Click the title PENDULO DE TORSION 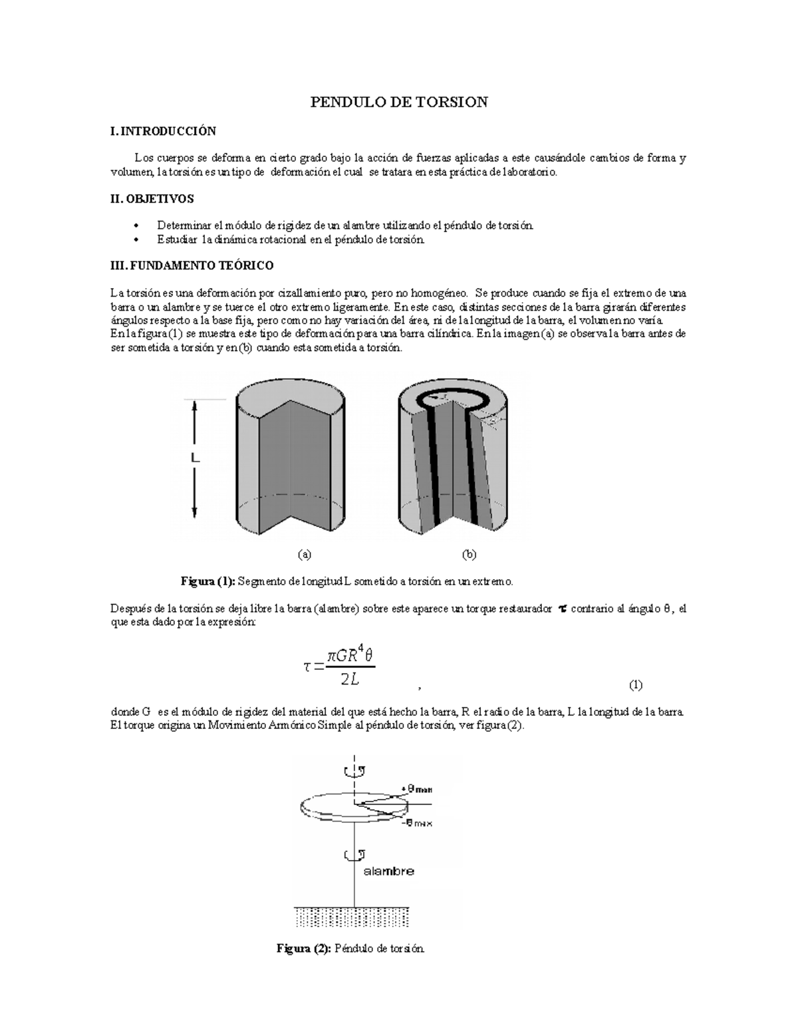pos(399,102)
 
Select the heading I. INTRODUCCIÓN pos(163,131)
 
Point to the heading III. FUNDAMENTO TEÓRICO pos(192,265)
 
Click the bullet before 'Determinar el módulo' pos(136,225)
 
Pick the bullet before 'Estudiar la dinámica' pos(136,239)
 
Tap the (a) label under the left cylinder pos(304,554)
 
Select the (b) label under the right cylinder pos(469,554)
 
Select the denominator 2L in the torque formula pos(350,679)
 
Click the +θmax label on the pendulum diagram pos(417,790)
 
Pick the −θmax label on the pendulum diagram pos(417,823)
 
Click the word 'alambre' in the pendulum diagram pos(389,871)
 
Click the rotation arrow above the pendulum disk pos(352,772)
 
